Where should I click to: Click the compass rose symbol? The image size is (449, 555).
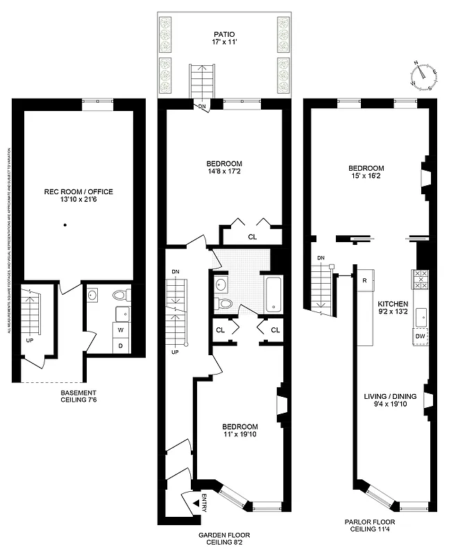tap(424, 75)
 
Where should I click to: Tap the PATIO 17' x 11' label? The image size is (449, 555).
tap(223, 37)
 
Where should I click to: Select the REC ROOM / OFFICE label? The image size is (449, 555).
tap(78, 196)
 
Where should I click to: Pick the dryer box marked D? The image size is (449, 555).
tap(121, 345)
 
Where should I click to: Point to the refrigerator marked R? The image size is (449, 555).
tap(364, 281)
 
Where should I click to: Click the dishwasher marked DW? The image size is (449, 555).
tap(420, 336)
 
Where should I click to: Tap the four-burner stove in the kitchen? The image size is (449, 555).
tap(421, 279)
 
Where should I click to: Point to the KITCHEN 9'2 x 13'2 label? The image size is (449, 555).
tap(393, 308)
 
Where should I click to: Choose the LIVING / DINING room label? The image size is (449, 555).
tap(390, 400)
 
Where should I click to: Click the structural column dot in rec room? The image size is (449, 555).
tap(65, 225)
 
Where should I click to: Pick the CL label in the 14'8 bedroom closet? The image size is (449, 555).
tap(252, 237)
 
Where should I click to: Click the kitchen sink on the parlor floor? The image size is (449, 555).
tap(421, 317)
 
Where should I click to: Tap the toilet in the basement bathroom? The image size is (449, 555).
tap(121, 295)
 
